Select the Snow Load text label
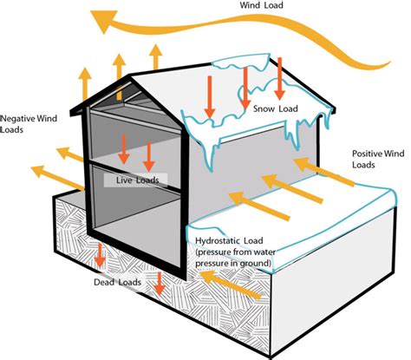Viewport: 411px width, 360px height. [x=276, y=110]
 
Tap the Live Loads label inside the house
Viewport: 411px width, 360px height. [x=138, y=180]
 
